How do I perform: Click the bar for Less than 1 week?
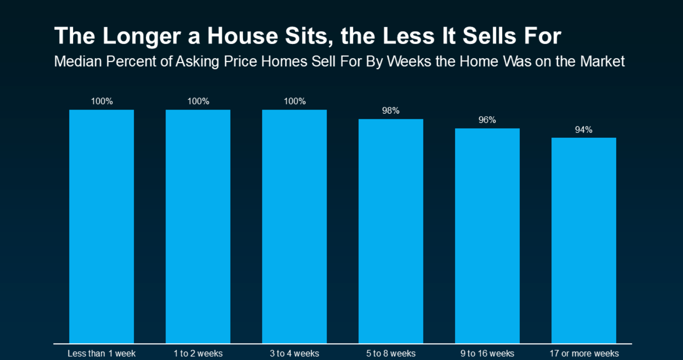tap(102, 227)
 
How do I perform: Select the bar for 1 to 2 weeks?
tap(198, 227)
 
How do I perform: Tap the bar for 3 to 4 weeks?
tap(294, 227)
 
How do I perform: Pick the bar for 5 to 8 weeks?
tap(391, 231)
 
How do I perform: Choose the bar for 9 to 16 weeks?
tap(487, 236)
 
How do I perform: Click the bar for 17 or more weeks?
tap(584, 240)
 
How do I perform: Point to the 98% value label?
tap(391, 110)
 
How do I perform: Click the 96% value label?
tap(487, 120)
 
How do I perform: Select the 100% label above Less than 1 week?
tap(102, 101)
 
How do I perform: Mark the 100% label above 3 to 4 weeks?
tap(295, 101)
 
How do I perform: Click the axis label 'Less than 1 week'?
tap(102, 353)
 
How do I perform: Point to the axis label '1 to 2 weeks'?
tap(198, 353)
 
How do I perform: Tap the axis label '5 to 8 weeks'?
tap(391, 353)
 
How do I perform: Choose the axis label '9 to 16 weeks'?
tap(487, 353)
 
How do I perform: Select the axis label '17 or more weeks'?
tap(584, 353)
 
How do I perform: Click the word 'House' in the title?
tap(243, 36)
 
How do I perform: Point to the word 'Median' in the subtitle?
tap(78, 61)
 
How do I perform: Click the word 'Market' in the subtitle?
tap(602, 61)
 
